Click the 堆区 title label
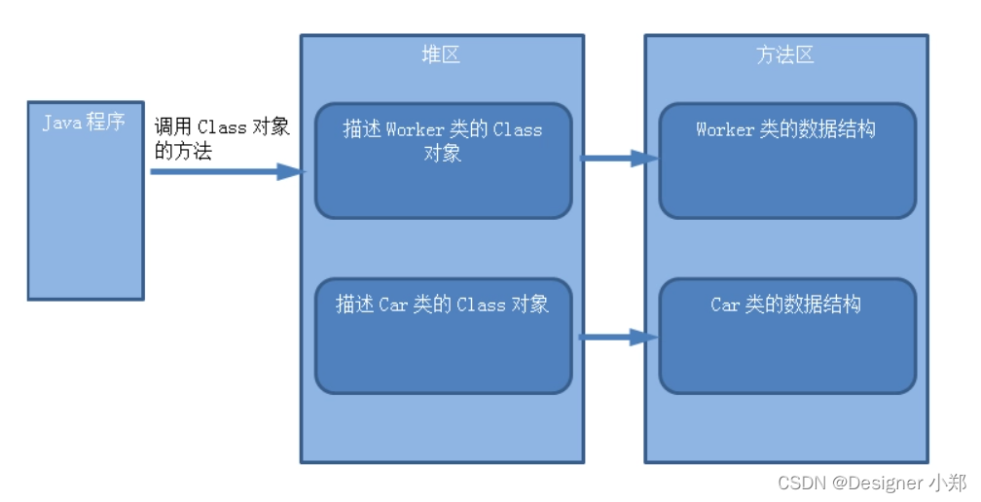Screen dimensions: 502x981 [x=441, y=54]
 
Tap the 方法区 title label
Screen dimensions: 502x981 [x=784, y=54]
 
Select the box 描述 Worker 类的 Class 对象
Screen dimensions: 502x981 [x=443, y=161]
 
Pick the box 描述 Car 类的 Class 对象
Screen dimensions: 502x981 [x=443, y=337]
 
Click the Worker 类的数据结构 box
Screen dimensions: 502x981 [x=786, y=161]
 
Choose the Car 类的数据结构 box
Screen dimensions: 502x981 [x=786, y=337]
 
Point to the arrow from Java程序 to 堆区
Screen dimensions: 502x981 [x=224, y=172]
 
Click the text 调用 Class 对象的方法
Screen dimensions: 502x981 [x=222, y=138]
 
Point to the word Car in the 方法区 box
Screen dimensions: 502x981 [x=725, y=305]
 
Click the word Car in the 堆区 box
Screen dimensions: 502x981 [x=393, y=305]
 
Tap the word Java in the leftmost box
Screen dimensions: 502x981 [x=61, y=123]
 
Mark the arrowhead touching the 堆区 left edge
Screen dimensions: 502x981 [x=292, y=172]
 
